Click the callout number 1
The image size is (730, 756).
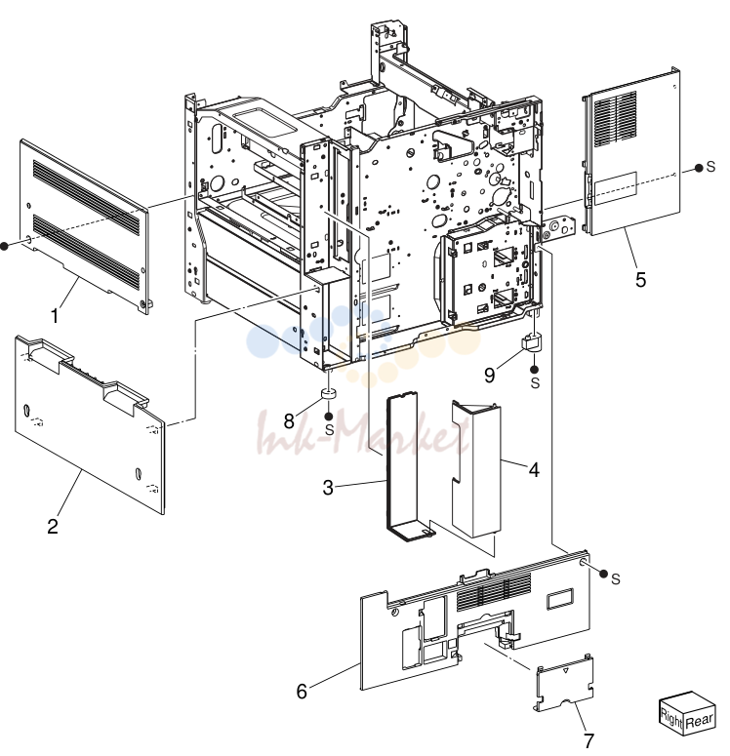pos(55,316)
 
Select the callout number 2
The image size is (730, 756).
pos(53,526)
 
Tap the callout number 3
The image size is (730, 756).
pos(328,488)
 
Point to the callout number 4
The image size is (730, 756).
pos(534,469)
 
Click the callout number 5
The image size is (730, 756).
pos(641,280)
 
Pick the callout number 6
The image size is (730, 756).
pos(302,692)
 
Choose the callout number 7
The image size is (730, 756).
pos(588,740)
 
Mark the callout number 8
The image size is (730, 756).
pos(289,420)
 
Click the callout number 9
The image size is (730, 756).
pos(490,375)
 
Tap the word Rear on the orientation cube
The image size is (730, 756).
pos(699,721)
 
